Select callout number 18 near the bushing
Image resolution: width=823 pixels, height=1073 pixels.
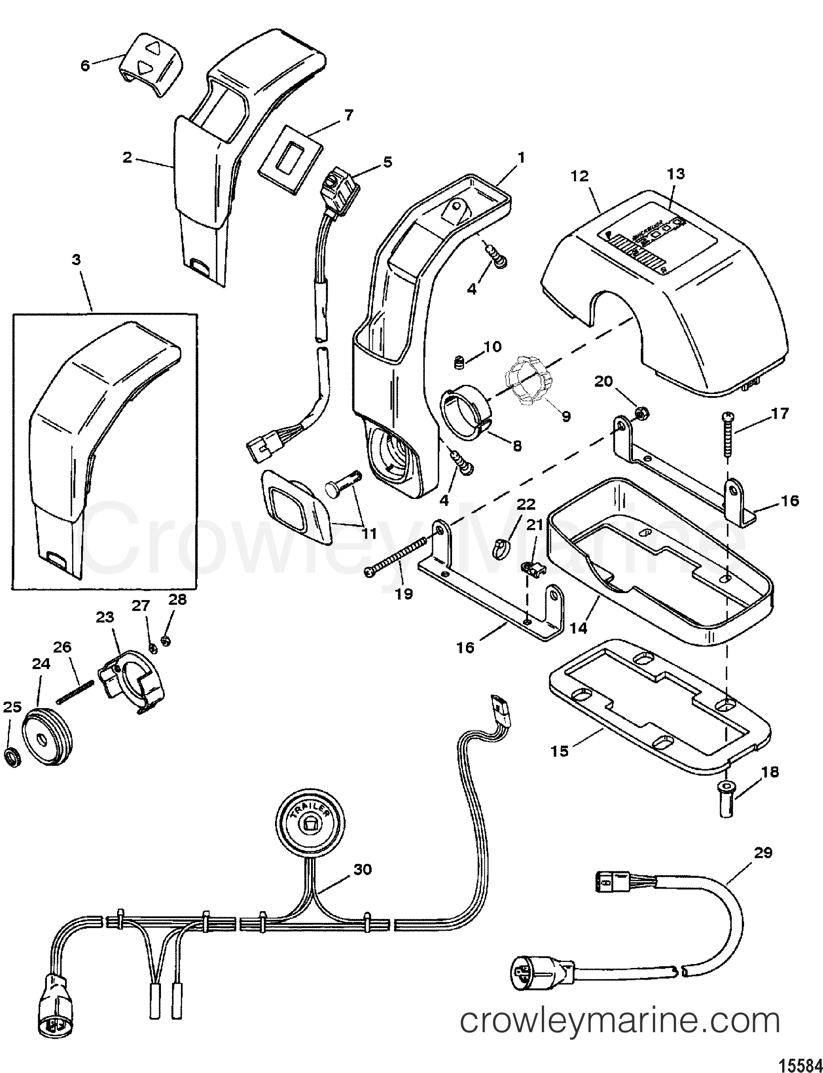click(771, 773)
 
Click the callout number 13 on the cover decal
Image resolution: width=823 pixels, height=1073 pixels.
click(675, 174)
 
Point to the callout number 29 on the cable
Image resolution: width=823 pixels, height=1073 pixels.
click(763, 853)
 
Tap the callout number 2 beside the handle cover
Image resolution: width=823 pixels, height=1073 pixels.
click(128, 158)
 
